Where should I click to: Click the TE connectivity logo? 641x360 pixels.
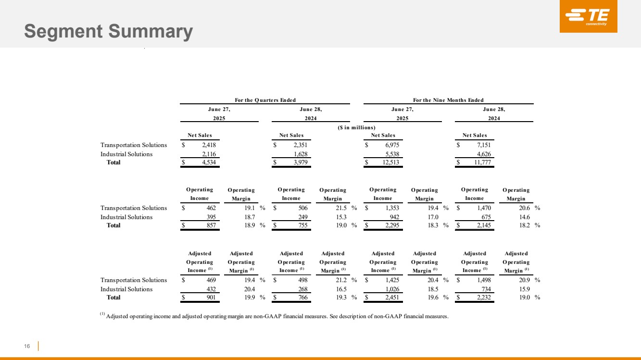pyautogui.click(x=589, y=16)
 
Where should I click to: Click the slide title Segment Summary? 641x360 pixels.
pyautogui.click(x=109, y=31)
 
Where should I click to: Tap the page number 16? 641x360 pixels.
pyautogui.click(x=27, y=346)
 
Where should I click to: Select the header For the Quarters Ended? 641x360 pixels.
pyautogui.click(x=265, y=100)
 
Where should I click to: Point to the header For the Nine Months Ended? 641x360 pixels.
pyautogui.click(x=448, y=100)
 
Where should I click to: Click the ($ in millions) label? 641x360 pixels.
pyautogui.click(x=356, y=127)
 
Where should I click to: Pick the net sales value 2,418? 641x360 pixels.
pyautogui.click(x=209, y=145)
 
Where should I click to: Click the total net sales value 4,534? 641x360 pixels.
pyautogui.click(x=209, y=162)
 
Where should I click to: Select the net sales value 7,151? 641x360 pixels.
pyautogui.click(x=484, y=145)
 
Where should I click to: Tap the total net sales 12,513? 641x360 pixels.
pyautogui.click(x=390, y=162)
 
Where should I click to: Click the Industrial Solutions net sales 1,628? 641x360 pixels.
pyautogui.click(x=301, y=154)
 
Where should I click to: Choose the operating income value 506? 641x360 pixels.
pyautogui.click(x=303, y=208)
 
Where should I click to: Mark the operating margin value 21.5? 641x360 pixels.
pyautogui.click(x=341, y=208)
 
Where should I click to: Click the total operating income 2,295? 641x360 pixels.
pyautogui.click(x=392, y=225)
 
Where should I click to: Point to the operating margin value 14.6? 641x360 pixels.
pyautogui.click(x=525, y=217)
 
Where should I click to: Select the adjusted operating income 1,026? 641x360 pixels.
pyautogui.click(x=392, y=289)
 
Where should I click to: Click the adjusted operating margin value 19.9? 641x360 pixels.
pyautogui.click(x=250, y=298)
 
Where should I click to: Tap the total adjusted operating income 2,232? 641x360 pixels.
pyautogui.click(x=484, y=298)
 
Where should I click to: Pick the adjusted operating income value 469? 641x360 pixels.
pyautogui.click(x=211, y=280)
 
